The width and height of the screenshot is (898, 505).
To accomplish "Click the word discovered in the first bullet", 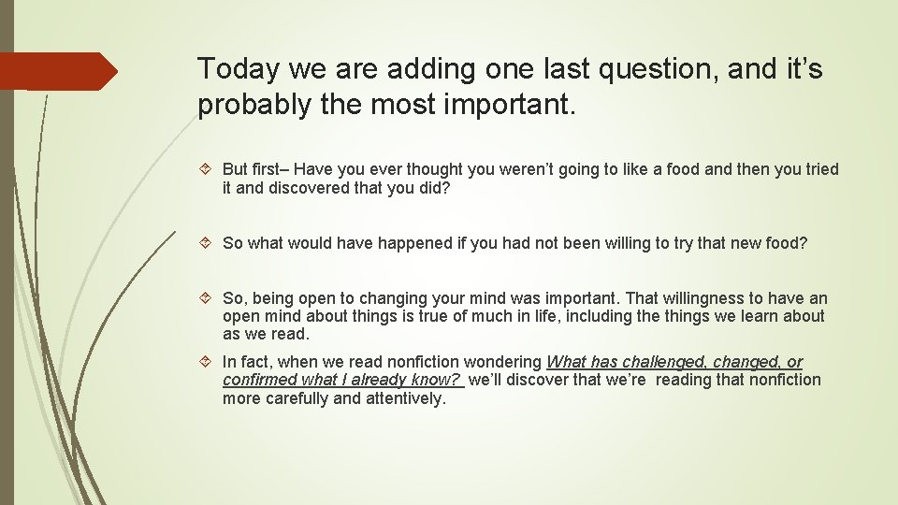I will coord(310,188).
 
